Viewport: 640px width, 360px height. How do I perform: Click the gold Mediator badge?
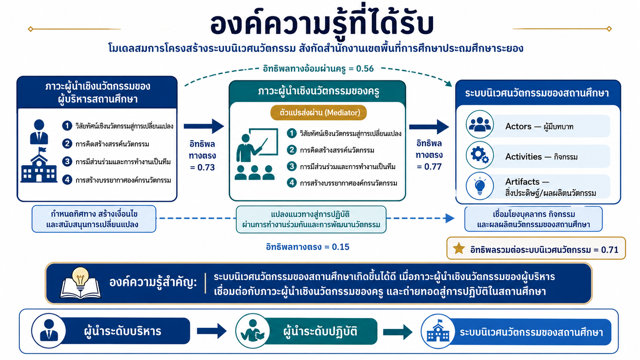coord(318,113)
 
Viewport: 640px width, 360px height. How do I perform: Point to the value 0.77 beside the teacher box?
coord(433,166)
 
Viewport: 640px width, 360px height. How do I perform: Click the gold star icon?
coord(459,248)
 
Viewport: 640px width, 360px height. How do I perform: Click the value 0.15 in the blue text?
coord(341,247)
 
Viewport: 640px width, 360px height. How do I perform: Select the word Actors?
coord(518,126)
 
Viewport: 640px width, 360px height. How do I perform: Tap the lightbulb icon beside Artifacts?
coord(480,186)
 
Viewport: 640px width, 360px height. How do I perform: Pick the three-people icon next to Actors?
coord(480,124)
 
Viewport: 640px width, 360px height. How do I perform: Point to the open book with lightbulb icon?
coord(80,283)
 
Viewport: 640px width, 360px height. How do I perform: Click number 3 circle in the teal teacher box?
coord(292,166)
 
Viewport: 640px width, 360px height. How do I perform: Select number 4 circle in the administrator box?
coord(67,179)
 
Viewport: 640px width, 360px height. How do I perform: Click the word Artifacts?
coord(522,182)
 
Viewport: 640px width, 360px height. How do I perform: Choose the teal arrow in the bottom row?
coord(398,332)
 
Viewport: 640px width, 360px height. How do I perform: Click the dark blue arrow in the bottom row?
coord(212,331)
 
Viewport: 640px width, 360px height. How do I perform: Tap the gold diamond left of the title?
coord(31,29)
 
